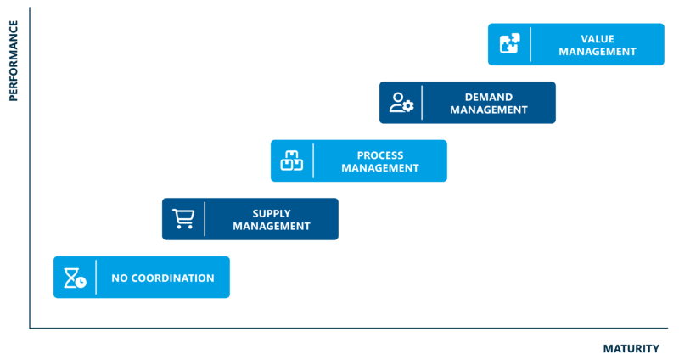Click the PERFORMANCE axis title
(14, 60)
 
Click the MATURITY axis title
(631, 348)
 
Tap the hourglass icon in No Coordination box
(76, 278)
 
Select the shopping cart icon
(183, 219)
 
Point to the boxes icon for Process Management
(292, 160)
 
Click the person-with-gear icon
(401, 103)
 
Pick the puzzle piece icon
(509, 44)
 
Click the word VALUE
(598, 38)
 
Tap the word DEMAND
(489, 97)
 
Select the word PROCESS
(380, 155)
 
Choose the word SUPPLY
(272, 213)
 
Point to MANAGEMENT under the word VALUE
(598, 51)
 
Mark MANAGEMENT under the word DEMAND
(489, 110)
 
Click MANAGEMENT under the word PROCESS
(380, 168)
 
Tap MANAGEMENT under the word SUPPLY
(272, 227)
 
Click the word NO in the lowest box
(120, 278)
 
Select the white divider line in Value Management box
(531, 44)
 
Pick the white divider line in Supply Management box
(205, 219)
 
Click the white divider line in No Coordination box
(96, 278)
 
